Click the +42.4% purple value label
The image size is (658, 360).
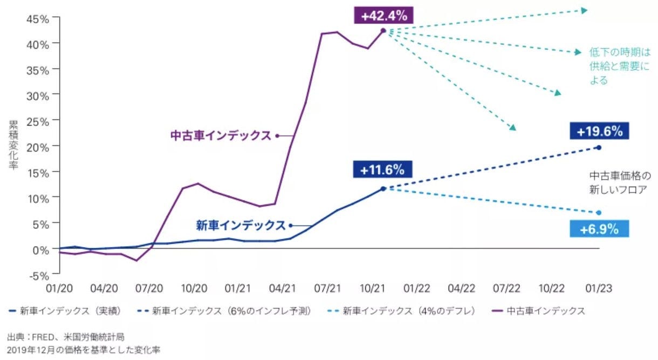click(383, 16)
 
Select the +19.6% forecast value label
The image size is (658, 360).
click(599, 131)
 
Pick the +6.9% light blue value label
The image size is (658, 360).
click(599, 229)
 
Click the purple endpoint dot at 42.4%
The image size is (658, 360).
click(383, 31)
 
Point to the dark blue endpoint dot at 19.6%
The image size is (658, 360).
click(599, 147)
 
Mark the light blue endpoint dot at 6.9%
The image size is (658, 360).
click(599, 213)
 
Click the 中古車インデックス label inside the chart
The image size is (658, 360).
click(221, 136)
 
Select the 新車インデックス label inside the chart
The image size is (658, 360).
click(240, 226)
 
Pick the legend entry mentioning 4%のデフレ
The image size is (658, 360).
click(402, 311)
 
